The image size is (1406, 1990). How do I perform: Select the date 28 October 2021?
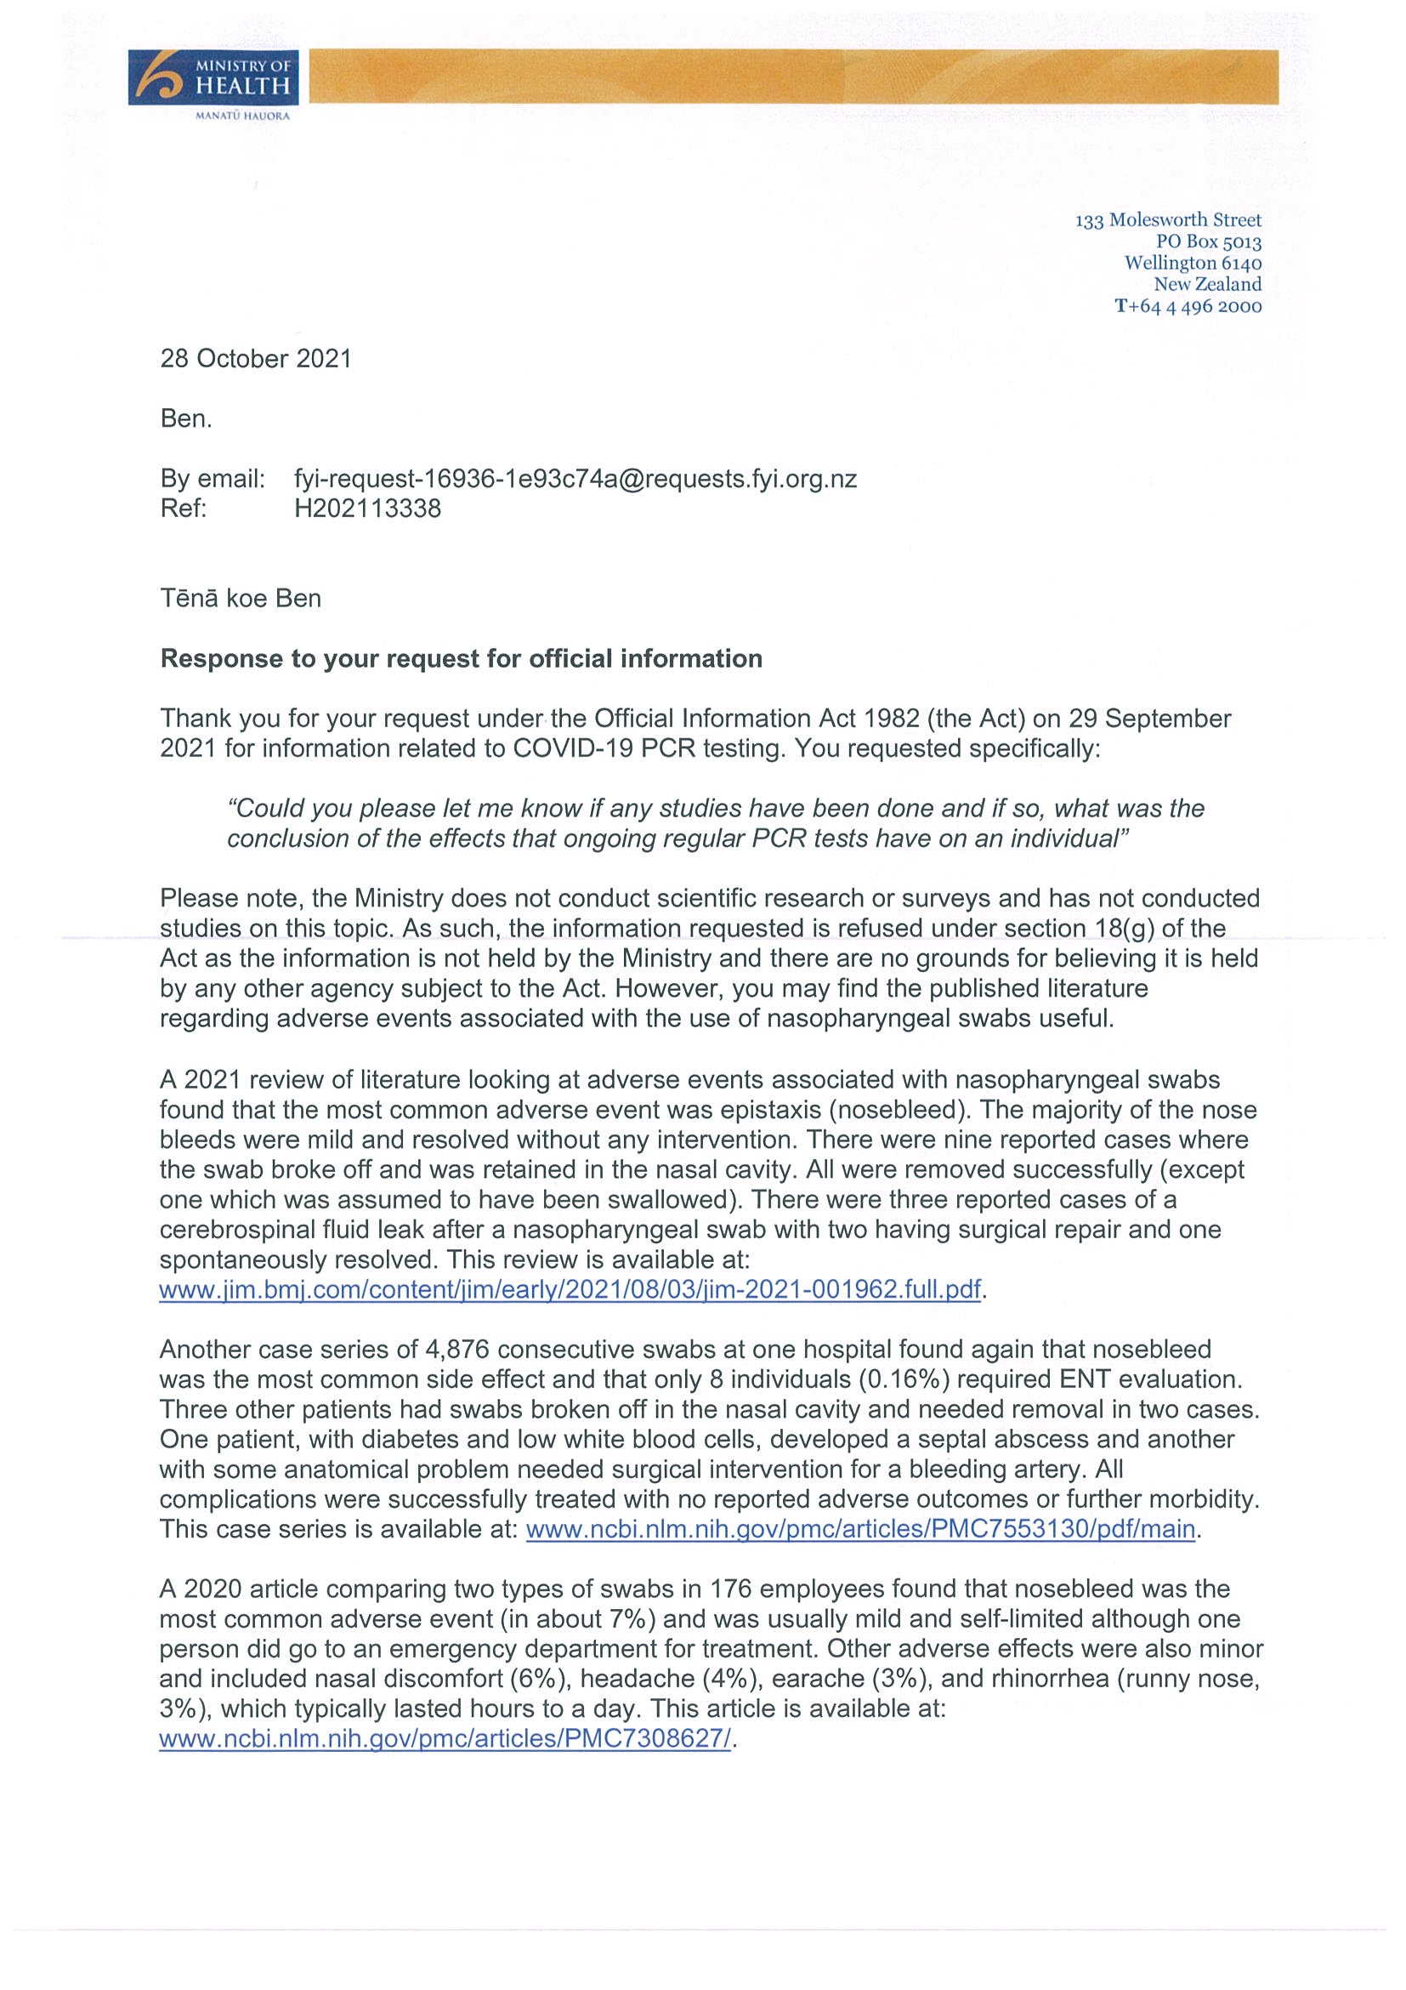click(x=256, y=359)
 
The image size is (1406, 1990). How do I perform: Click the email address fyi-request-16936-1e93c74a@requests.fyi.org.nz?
click(x=575, y=479)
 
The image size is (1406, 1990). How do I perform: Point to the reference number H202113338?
click(x=367, y=508)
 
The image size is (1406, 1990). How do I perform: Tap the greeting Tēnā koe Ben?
click(x=240, y=598)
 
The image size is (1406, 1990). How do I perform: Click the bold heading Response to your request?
click(x=461, y=659)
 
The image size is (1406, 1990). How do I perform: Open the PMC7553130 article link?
click(x=860, y=1528)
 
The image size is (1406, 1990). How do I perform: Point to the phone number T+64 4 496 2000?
click(x=1188, y=306)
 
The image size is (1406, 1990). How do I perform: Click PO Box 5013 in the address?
click(x=1209, y=242)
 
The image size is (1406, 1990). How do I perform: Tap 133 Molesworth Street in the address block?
click(x=1168, y=220)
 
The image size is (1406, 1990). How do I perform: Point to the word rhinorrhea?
click(x=1050, y=1678)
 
